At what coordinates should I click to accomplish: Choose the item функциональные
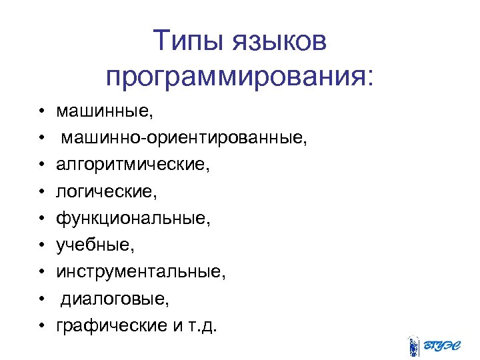coord(133,219)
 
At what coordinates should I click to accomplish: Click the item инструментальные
coord(141,272)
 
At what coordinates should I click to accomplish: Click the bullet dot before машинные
coord(41,108)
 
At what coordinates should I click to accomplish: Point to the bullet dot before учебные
coord(41,245)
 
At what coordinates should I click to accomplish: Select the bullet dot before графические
coord(41,327)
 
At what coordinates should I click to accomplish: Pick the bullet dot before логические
coord(41,190)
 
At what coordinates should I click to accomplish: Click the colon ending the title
coord(369,79)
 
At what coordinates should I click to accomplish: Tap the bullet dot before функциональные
coord(41,217)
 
